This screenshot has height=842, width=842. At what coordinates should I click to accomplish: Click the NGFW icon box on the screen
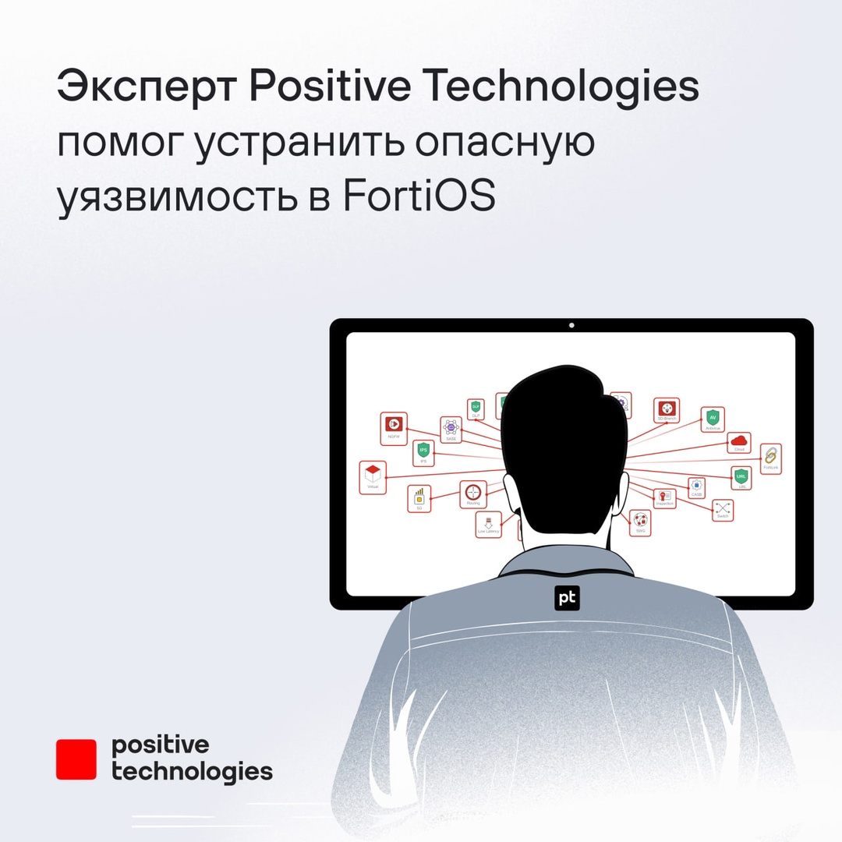[x=394, y=424]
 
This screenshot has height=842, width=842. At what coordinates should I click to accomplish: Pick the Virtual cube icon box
[x=373, y=475]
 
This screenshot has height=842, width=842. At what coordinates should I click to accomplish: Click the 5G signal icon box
[x=419, y=497]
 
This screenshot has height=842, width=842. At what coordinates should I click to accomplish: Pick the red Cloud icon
[x=738, y=442]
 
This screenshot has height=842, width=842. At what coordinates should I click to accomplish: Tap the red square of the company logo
[x=76, y=759]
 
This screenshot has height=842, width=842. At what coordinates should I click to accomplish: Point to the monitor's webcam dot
[x=571, y=325]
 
